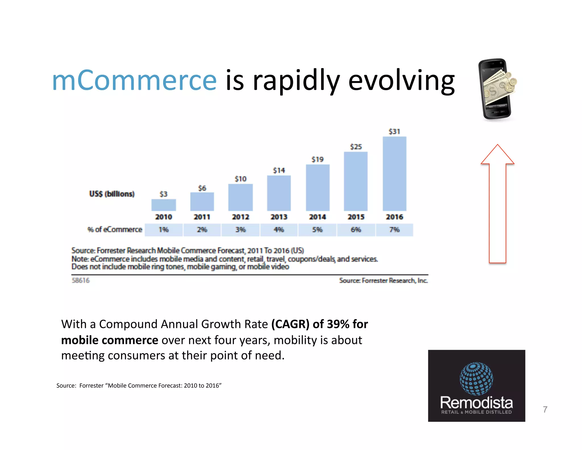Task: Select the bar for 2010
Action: [x=164, y=205]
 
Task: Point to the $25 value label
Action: [x=356, y=147]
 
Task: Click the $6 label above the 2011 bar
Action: [x=202, y=188]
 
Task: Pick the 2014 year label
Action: [x=317, y=217]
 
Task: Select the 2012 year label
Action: [x=240, y=217]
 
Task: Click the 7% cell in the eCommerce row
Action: [x=394, y=230]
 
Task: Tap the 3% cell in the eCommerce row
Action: [x=240, y=230]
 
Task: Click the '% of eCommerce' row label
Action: [x=115, y=229]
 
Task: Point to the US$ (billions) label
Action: [x=112, y=194]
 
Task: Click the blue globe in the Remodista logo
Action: [x=476, y=379]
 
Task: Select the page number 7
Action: [x=545, y=409]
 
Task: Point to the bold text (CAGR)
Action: [x=290, y=324]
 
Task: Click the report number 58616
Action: [x=80, y=280]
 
